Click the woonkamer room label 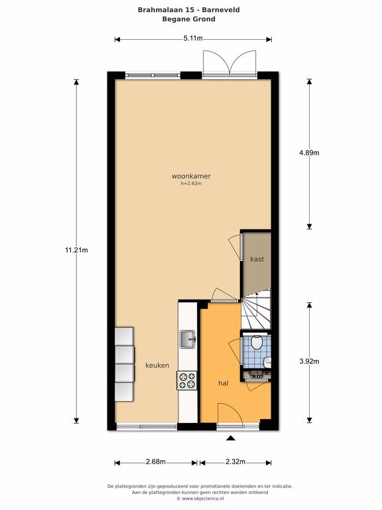(191, 176)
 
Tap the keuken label (157, 365)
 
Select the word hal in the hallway (223, 383)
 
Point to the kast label (257, 259)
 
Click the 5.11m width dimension (193, 39)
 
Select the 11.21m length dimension (76, 250)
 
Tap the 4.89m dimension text (309, 153)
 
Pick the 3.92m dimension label (309, 361)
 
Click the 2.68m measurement (156, 462)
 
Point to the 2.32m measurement (235, 462)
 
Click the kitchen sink (188, 339)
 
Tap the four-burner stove (187, 381)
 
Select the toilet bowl (257, 342)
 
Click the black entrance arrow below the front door (231, 438)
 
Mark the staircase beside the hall (256, 309)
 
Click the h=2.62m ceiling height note (191, 183)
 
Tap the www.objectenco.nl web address (203, 498)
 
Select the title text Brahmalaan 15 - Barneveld (189, 10)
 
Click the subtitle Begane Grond (189, 19)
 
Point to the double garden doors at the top (229, 64)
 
